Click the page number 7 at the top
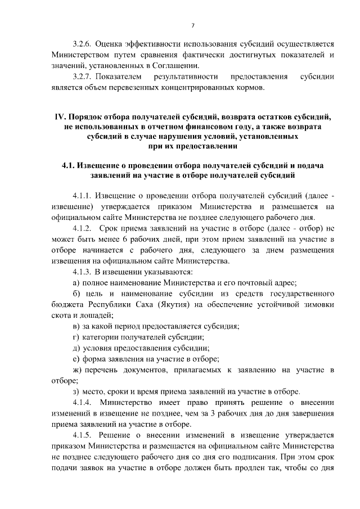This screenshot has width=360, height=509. coord(192,25)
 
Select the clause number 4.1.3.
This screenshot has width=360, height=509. coord(83,272)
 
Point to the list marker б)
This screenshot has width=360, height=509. coord(77,294)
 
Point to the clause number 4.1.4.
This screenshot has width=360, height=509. coord(83,402)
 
